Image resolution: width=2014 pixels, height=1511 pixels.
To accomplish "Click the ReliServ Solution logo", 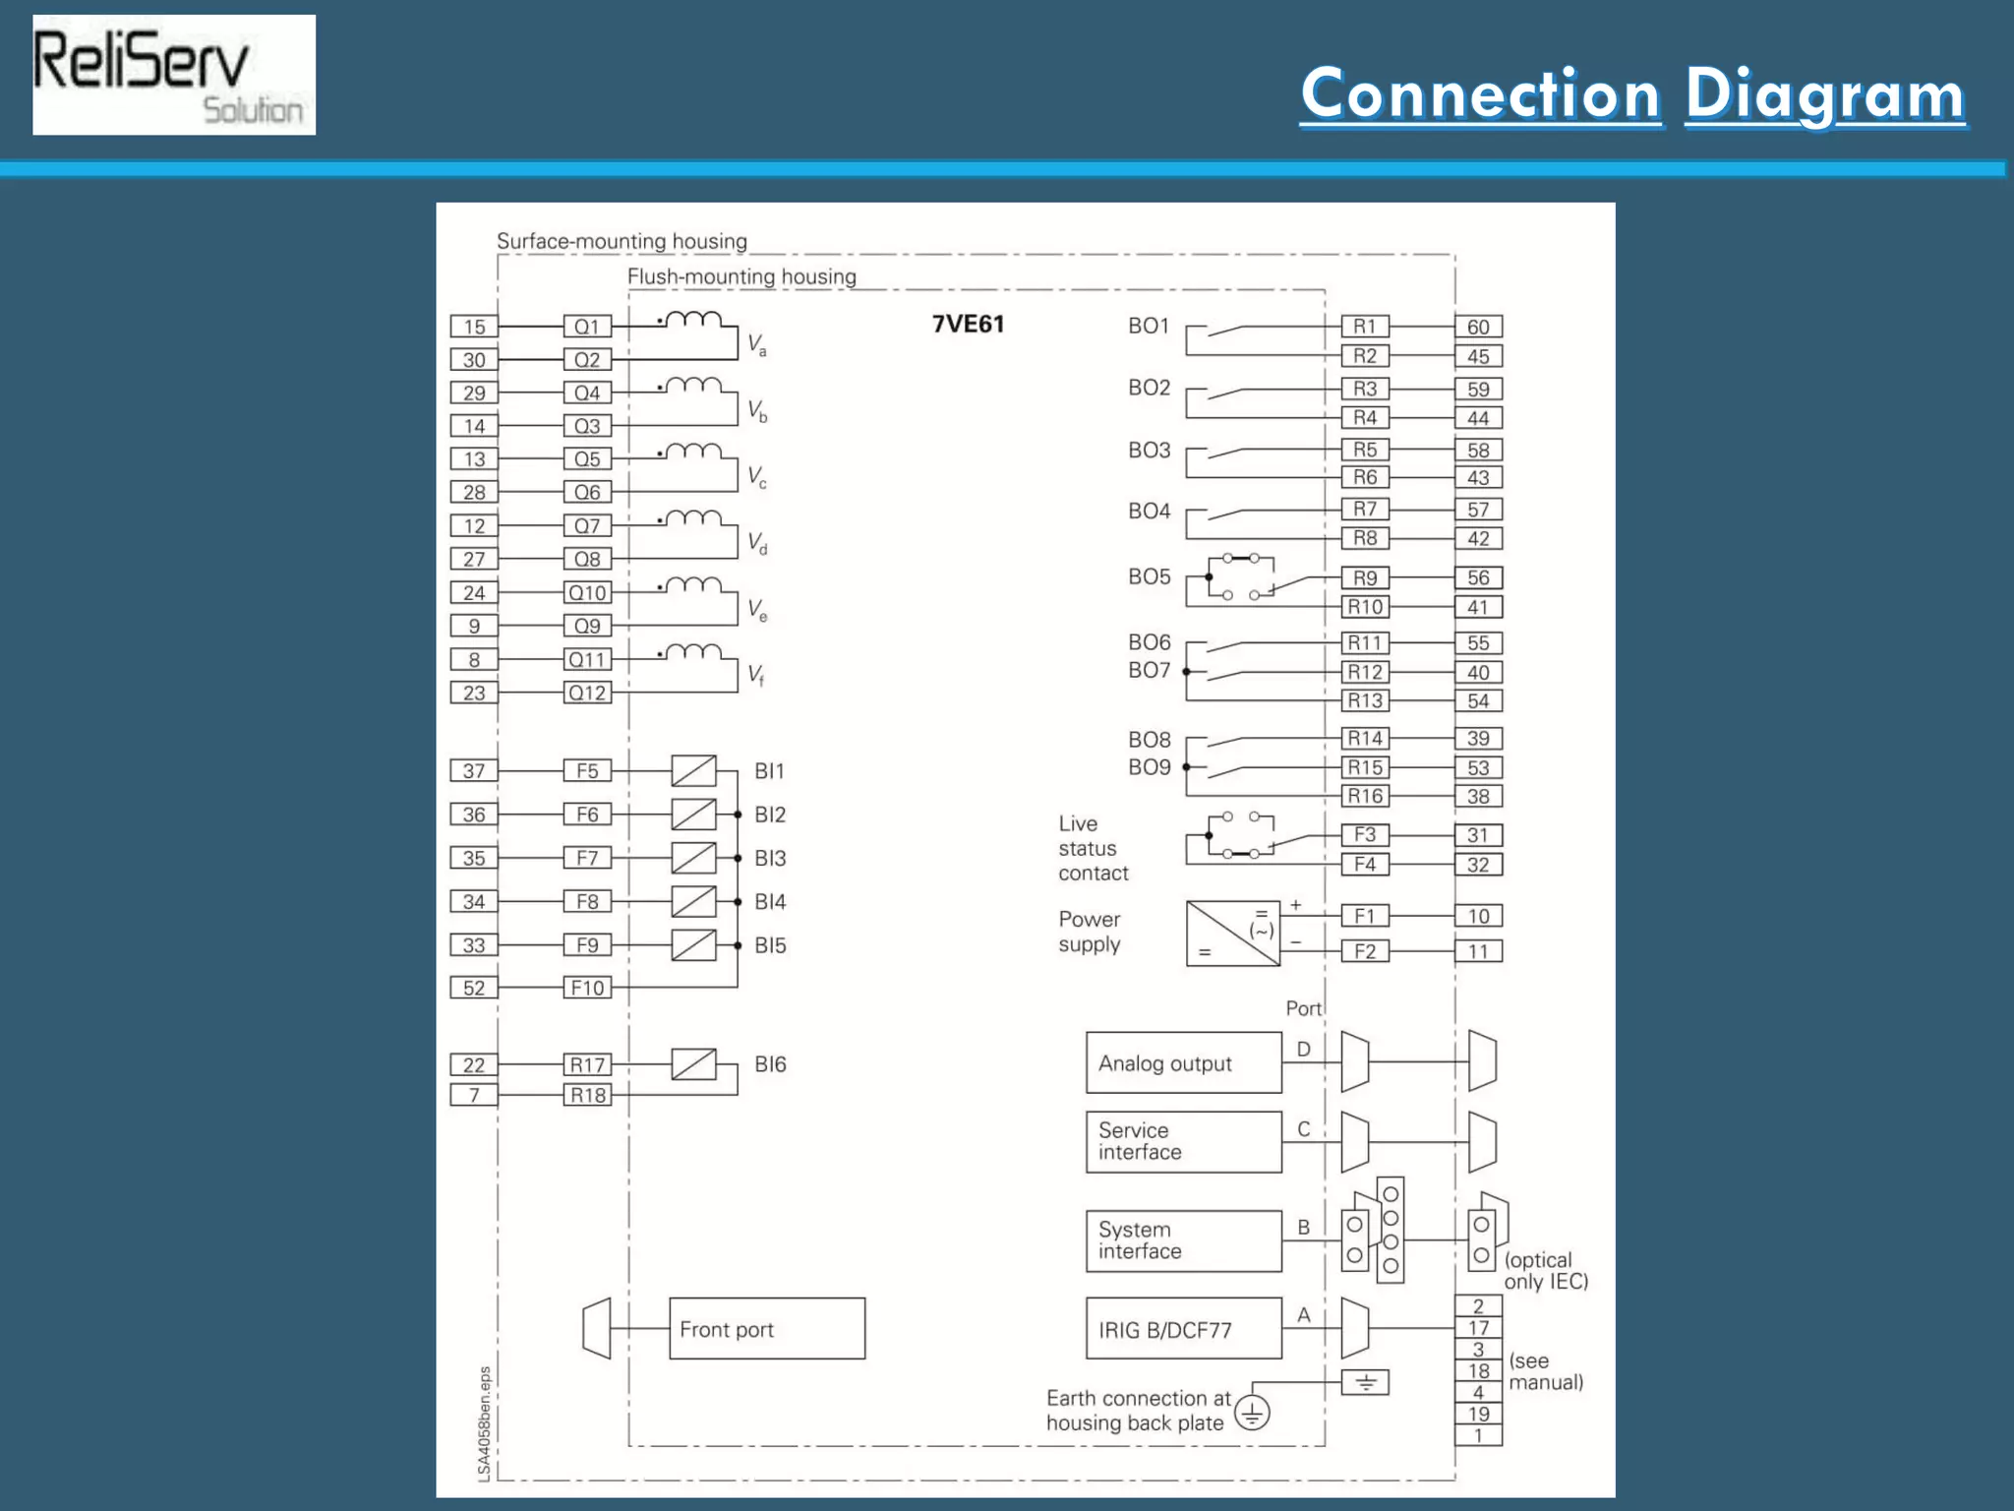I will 174,75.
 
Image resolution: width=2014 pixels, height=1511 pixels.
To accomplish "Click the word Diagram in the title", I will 1824,95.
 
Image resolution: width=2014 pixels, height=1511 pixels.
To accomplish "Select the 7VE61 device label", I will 968,325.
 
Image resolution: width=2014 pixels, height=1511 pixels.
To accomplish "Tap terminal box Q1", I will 587,327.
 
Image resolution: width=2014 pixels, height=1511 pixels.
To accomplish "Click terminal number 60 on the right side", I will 1478,327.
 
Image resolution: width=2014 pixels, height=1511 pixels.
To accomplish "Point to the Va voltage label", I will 756,344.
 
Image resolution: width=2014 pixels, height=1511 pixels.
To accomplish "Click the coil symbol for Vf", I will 694,652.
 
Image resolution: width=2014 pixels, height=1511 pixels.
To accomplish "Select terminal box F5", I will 587,771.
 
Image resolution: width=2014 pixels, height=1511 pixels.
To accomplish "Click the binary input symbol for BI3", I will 693,858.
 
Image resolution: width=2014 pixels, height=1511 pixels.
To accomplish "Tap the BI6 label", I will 770,1064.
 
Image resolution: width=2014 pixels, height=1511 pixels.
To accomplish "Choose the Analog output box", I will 1183,1062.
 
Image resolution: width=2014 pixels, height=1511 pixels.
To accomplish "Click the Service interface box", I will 1183,1142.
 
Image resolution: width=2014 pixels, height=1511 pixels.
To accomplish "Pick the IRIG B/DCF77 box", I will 1183,1329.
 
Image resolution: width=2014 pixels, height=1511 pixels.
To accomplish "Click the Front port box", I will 766,1329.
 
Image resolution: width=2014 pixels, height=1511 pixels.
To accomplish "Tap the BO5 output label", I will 1149,576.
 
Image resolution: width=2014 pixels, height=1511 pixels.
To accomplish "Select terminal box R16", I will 1365,796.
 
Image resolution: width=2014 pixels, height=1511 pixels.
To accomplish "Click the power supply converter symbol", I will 1232,933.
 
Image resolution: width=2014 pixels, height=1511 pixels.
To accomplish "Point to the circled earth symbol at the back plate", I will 1252,1414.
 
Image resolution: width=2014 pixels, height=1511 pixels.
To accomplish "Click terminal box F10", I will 587,988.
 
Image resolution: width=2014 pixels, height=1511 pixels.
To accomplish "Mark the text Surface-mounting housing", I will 622,241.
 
